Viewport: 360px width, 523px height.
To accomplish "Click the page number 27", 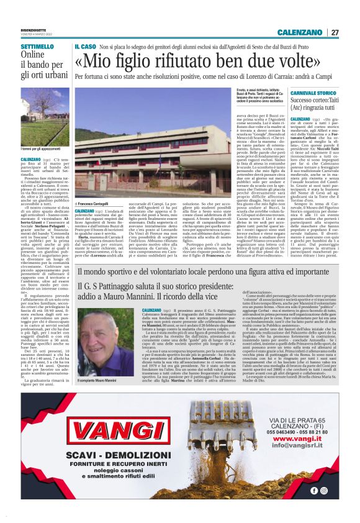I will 335,32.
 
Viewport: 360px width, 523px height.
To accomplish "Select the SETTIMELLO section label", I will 37,47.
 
